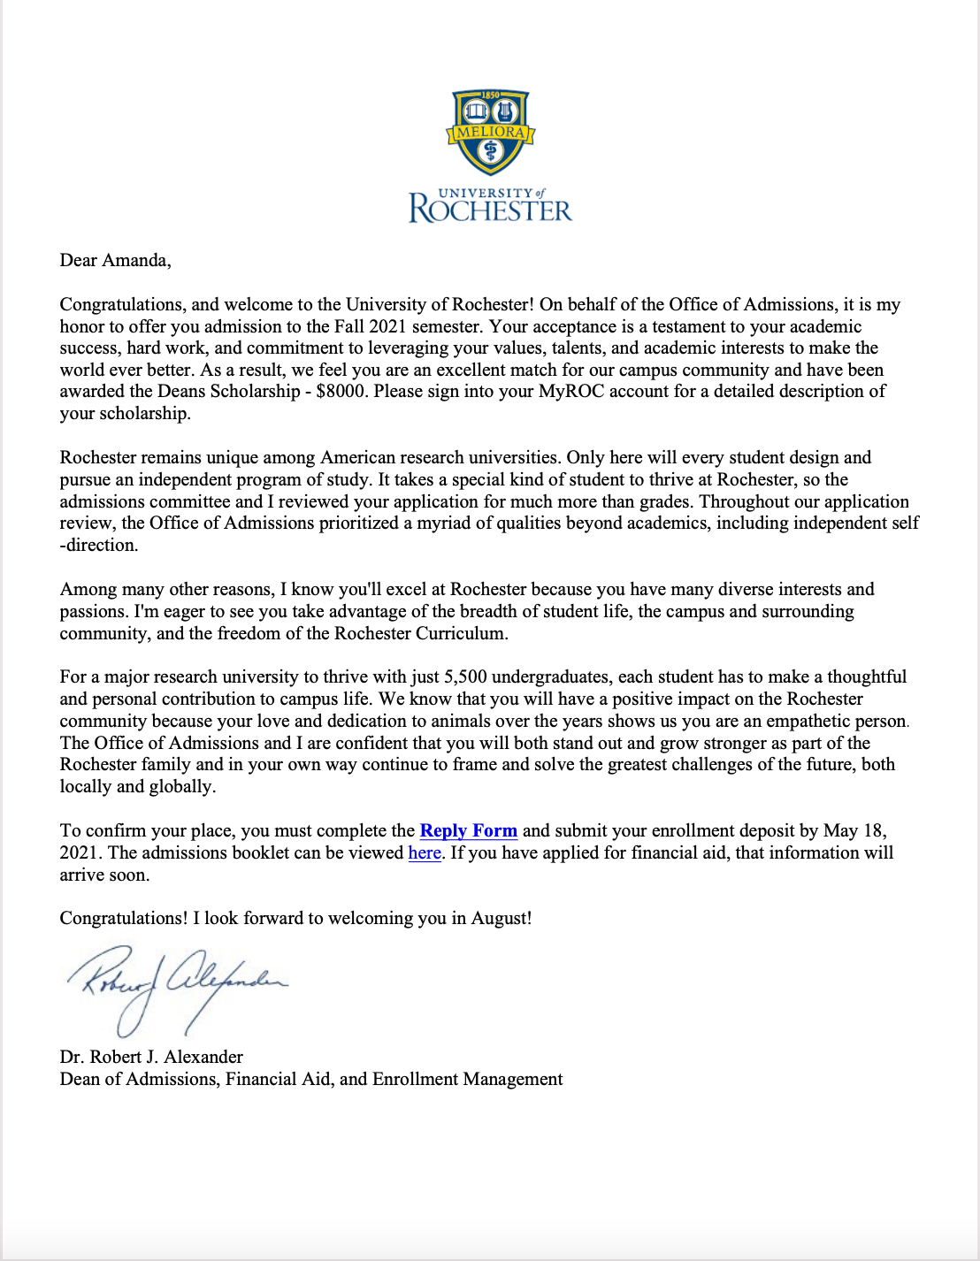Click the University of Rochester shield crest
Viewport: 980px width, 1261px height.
pos(490,133)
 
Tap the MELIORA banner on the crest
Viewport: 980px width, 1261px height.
pos(490,133)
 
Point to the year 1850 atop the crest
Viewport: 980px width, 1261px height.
pos(490,96)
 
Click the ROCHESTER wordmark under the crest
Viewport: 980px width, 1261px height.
pos(490,210)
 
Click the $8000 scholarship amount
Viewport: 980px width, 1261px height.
pos(341,391)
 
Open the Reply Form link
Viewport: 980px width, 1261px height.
pos(468,830)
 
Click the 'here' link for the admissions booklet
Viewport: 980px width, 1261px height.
pos(425,852)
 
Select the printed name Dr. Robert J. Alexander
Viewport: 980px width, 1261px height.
pos(151,1057)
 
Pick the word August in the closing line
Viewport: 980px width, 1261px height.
pos(499,918)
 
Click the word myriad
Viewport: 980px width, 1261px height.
pos(433,523)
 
